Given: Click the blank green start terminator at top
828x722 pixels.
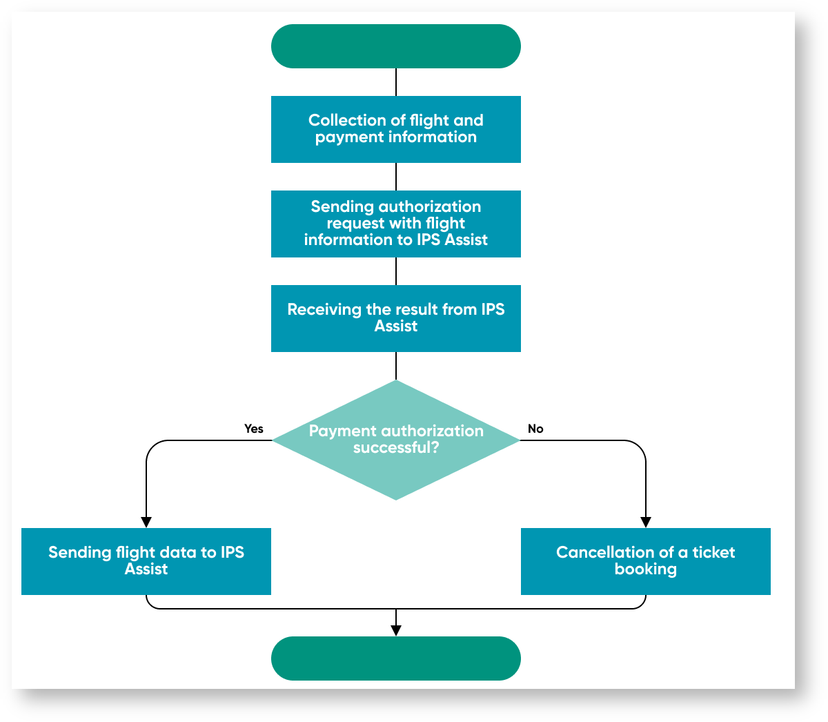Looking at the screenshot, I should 395,46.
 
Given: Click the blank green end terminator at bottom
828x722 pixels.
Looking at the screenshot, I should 395,658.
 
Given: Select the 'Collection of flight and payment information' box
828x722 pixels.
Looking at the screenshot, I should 395,129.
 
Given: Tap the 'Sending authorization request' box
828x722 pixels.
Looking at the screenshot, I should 395,224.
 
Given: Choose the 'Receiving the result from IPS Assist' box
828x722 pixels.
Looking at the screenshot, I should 395,318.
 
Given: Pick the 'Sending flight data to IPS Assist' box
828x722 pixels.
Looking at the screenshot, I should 146,561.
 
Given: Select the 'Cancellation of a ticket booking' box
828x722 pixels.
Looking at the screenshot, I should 645,561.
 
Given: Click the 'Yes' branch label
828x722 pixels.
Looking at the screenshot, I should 254,429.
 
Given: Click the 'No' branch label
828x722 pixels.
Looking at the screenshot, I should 535,429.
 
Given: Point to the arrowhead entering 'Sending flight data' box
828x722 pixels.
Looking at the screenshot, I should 146,523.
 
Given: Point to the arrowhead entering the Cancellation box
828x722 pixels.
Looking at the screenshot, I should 646,523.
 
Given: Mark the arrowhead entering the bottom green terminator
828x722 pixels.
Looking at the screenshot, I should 396,630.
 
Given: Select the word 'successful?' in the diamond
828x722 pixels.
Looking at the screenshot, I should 396,447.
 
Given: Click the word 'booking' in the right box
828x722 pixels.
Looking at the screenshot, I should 645,569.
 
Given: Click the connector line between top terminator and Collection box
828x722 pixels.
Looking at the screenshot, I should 396,81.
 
